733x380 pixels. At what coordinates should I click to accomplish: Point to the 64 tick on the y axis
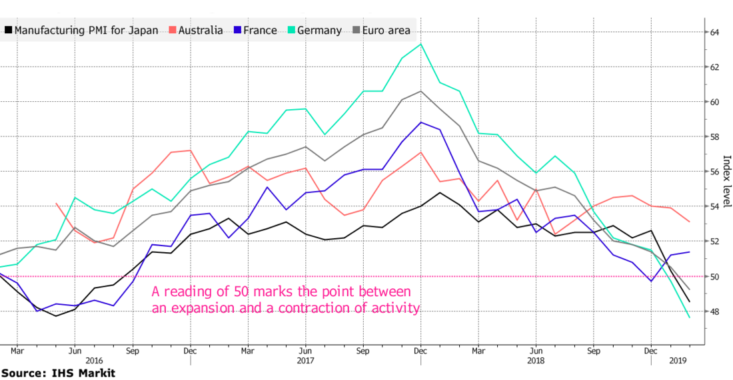[714, 32]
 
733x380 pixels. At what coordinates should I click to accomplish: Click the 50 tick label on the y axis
[714, 276]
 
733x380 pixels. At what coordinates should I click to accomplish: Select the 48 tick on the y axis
[714, 311]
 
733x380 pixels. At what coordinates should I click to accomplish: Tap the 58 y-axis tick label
[714, 136]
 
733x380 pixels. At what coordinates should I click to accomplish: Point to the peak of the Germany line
[420, 44]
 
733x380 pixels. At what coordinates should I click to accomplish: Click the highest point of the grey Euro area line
[420, 91]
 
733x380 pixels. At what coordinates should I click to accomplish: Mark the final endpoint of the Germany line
[689, 317]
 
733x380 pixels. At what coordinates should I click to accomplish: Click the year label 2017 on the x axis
[305, 361]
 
